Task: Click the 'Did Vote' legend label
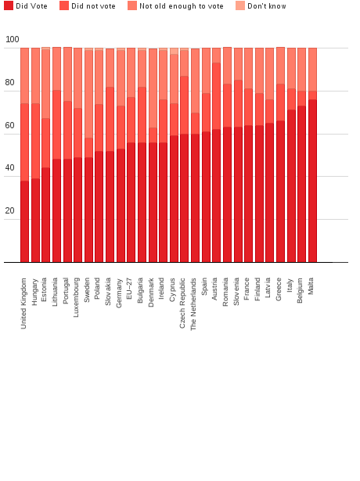pos(31,6)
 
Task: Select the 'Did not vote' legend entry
pos(93,6)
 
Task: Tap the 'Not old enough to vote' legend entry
pos(181,6)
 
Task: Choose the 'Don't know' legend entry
pos(266,6)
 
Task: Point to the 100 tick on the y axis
pos(12,40)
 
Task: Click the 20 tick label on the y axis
pos(9,211)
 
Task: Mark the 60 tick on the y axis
pos(9,126)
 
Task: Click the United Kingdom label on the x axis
pos(24,303)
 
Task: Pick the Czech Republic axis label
pos(184,302)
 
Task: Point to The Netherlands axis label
pos(195,303)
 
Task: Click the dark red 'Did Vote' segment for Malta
pos(312,181)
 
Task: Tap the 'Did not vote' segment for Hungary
pos(35,141)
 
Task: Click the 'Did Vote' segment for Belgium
pos(301,184)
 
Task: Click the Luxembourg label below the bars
pos(77,296)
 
